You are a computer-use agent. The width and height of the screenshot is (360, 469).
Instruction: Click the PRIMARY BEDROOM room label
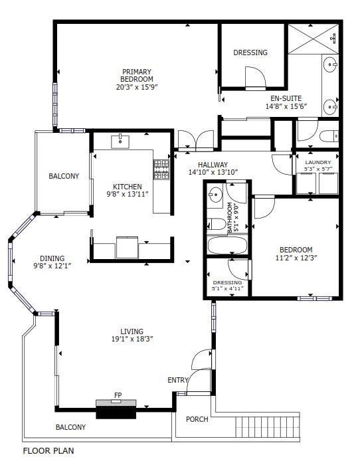click(137, 75)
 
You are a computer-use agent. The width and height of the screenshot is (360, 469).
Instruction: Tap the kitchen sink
click(120, 141)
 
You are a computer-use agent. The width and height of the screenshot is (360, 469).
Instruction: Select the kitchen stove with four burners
click(161, 169)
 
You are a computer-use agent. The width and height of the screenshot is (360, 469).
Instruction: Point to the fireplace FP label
click(118, 395)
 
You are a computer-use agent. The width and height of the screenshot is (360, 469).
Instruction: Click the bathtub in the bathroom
click(227, 245)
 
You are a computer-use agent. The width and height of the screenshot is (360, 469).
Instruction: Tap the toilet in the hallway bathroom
click(216, 224)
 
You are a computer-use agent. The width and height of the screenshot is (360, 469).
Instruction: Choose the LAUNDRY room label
click(318, 162)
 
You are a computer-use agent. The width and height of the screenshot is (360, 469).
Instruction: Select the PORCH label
click(197, 419)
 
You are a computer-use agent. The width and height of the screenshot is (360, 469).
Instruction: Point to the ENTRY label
click(178, 380)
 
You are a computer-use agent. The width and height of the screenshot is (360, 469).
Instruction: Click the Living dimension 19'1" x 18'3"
click(132, 339)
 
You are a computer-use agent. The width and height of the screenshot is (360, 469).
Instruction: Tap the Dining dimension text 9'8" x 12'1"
click(52, 265)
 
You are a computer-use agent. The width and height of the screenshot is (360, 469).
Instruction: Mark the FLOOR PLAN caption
click(48, 451)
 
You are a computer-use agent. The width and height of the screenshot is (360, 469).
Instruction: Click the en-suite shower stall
click(314, 39)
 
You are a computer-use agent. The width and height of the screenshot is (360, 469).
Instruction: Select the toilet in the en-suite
click(329, 136)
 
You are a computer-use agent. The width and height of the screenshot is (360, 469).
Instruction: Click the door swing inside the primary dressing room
click(255, 77)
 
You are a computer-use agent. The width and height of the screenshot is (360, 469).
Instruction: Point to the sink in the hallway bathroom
click(215, 194)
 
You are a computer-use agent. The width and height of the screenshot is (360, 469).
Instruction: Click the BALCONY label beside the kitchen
click(64, 176)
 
